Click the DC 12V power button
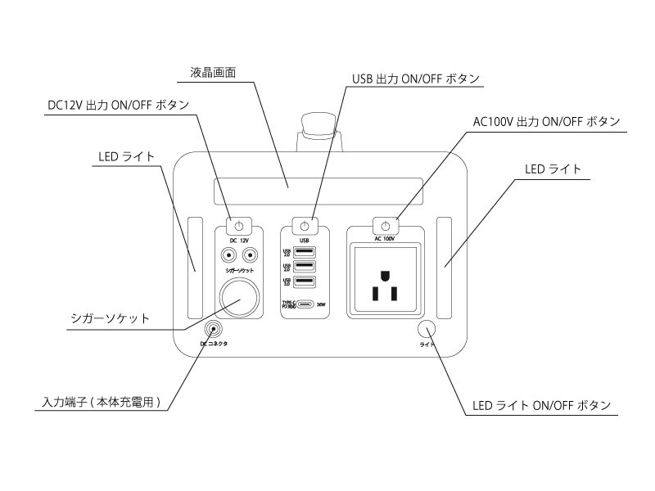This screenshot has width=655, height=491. (237, 226)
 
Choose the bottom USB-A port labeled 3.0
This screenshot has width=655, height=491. (304, 282)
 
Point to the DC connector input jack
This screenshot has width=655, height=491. (214, 330)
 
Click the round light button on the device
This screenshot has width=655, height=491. (426, 329)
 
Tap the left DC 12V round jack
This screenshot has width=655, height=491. (225, 255)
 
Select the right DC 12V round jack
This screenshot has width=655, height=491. (251, 255)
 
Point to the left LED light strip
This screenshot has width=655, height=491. (195, 267)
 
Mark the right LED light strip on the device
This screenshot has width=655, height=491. (445, 267)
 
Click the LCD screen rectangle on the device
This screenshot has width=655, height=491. (316, 193)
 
